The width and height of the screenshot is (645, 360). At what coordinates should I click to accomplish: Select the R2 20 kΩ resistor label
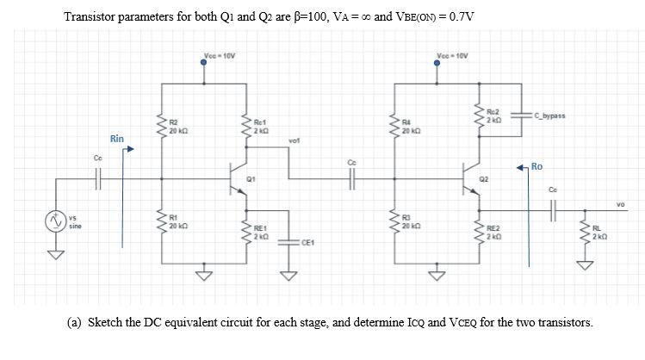coord(176,127)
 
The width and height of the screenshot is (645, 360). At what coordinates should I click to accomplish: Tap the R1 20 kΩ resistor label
coord(176,220)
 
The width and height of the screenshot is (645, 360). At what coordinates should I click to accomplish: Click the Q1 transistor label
coord(251,180)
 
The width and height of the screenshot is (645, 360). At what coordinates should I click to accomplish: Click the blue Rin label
coord(116,139)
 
